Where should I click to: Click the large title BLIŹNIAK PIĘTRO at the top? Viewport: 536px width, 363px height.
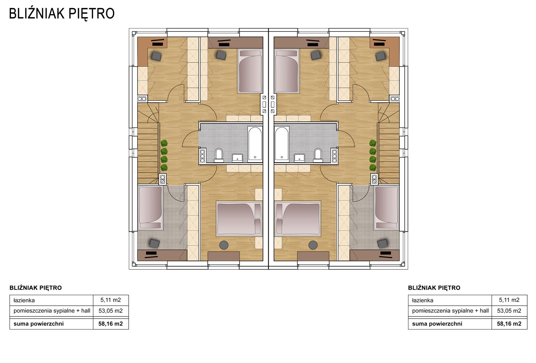pyautogui.click(x=62, y=14)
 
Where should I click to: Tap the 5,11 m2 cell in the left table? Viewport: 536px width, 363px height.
pyautogui.click(x=111, y=300)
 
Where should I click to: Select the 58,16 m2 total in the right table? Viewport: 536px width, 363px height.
pyautogui.click(x=509, y=324)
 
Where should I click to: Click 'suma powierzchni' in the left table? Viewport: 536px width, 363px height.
pyautogui.click(x=39, y=324)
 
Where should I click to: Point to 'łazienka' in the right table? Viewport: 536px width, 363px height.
pyautogui.click(x=422, y=300)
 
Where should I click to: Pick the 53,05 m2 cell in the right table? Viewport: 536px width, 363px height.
pyautogui.click(x=509, y=311)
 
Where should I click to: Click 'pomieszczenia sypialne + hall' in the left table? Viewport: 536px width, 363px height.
pyautogui.click(x=52, y=311)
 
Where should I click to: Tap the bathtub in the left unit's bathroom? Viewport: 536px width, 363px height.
pyautogui.click(x=255, y=144)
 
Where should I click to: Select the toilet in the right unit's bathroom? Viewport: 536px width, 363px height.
pyautogui.click(x=318, y=155)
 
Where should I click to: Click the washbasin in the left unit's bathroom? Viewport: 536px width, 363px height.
pyautogui.click(x=238, y=158)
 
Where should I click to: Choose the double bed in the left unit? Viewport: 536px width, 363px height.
pyautogui.click(x=239, y=219)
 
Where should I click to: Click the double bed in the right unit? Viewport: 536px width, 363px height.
pyautogui.click(x=298, y=219)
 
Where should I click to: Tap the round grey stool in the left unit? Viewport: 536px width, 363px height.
pyautogui.click(x=224, y=245)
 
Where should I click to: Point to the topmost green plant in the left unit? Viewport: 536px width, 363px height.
pyautogui.click(x=164, y=143)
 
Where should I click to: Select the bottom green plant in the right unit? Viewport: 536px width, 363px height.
pyautogui.click(x=373, y=167)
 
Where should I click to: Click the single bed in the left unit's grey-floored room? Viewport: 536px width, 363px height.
pyautogui.click(x=150, y=208)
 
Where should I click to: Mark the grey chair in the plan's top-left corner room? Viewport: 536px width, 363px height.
pyautogui.click(x=156, y=56)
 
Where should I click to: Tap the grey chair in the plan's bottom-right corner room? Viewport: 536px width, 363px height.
pyautogui.click(x=382, y=244)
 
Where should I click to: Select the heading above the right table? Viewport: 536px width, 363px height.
pyautogui.click(x=434, y=288)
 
